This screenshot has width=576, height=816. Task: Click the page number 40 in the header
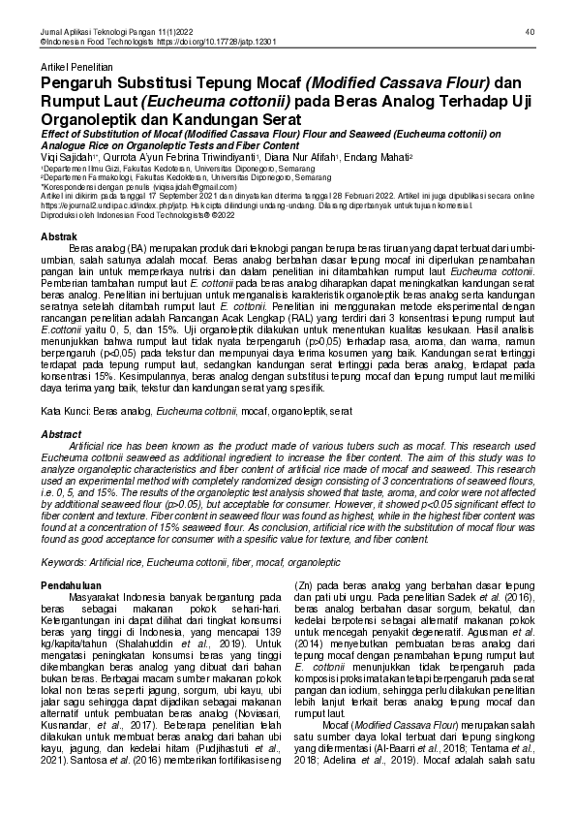531,32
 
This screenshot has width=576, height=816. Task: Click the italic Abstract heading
59,435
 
